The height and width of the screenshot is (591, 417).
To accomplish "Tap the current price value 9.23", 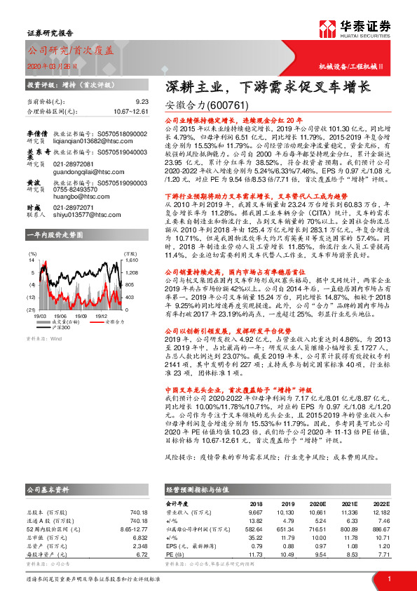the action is [142, 102].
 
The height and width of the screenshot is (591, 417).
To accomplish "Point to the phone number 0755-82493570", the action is [74, 188].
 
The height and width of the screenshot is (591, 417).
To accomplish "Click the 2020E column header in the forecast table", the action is [317, 504].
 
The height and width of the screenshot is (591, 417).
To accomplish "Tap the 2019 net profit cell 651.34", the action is [287, 533].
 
